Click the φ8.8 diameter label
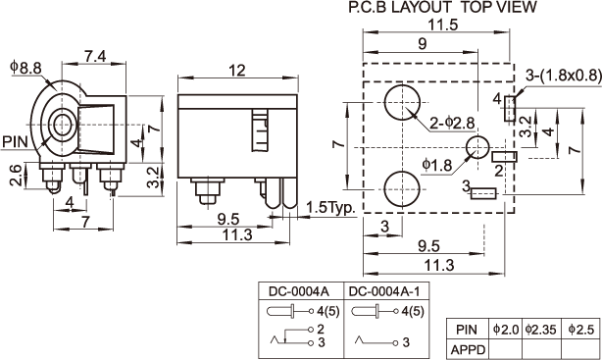coord(26,68)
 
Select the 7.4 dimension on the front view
coord(95,57)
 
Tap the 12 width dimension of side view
coord(237,71)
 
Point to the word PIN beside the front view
coord(16,141)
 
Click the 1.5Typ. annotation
coord(331,208)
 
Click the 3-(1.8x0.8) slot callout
coord(564,76)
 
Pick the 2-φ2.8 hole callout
coord(452,123)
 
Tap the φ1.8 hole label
coord(437,165)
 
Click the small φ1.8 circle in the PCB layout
coord(478,147)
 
